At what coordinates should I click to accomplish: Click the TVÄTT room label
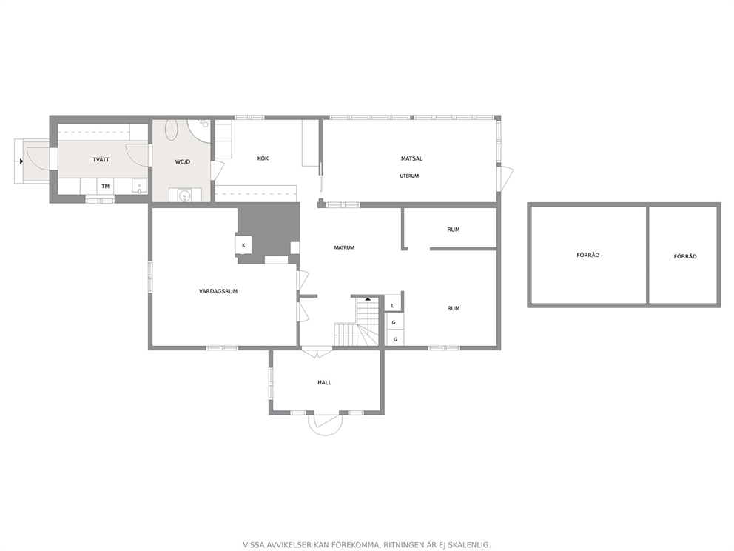click(x=101, y=160)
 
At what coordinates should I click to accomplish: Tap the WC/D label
click(x=183, y=162)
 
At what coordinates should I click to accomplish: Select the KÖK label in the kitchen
click(x=263, y=158)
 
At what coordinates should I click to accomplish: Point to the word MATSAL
click(x=411, y=158)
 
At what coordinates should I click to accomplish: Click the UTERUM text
click(x=409, y=176)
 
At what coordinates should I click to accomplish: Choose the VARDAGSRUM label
click(x=218, y=291)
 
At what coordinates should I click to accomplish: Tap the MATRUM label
click(x=344, y=247)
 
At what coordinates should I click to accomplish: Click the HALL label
click(x=324, y=382)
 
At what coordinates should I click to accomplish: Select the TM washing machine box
click(x=105, y=186)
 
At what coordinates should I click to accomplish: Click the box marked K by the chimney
click(x=243, y=245)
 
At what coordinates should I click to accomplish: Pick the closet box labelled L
click(x=392, y=305)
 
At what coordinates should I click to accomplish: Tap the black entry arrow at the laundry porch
click(x=21, y=161)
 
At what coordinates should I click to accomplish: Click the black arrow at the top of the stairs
click(x=368, y=298)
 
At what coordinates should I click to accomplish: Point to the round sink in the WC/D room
click(x=185, y=195)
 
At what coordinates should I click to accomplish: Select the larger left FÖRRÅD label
click(x=588, y=255)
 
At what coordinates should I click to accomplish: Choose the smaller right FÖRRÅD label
click(x=685, y=256)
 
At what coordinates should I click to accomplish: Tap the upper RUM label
click(x=453, y=230)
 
